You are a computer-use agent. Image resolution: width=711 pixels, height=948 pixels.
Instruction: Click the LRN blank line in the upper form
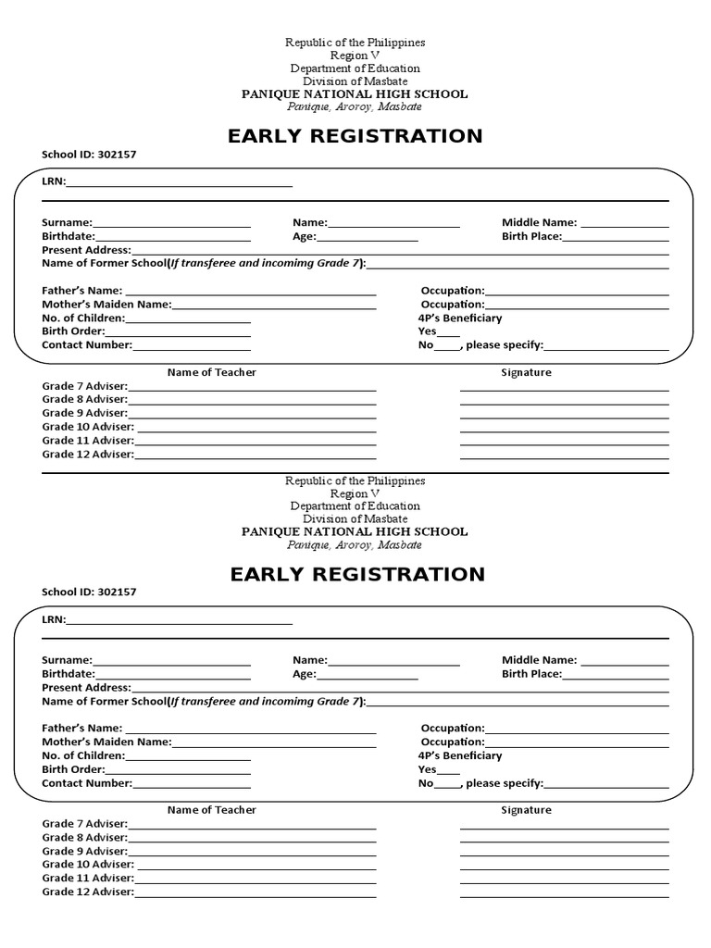coord(180,183)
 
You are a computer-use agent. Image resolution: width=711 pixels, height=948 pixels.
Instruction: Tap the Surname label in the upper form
coord(67,223)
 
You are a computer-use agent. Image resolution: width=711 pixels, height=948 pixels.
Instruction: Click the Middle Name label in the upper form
coord(539,222)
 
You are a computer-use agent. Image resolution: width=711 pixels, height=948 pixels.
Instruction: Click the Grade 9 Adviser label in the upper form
coord(85,413)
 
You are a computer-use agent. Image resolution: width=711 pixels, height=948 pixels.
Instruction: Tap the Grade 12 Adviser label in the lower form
coord(88,892)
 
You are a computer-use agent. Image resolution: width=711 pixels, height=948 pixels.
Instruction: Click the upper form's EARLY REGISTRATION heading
coord(355,137)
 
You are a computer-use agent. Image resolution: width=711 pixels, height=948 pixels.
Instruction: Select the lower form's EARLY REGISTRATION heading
coord(357,575)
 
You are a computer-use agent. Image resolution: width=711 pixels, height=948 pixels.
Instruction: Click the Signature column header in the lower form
coord(526,810)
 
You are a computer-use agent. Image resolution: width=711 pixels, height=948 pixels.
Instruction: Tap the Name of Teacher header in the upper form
coord(211,372)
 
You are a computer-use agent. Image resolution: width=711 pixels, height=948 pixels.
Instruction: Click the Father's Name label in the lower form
coord(81,729)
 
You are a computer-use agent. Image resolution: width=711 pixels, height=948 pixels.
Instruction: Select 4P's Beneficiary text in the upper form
coord(460,318)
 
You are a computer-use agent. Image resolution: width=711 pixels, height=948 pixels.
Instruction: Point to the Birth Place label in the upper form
coord(531,237)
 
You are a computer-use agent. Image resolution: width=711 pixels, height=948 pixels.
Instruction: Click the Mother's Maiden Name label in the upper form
coord(106,305)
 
